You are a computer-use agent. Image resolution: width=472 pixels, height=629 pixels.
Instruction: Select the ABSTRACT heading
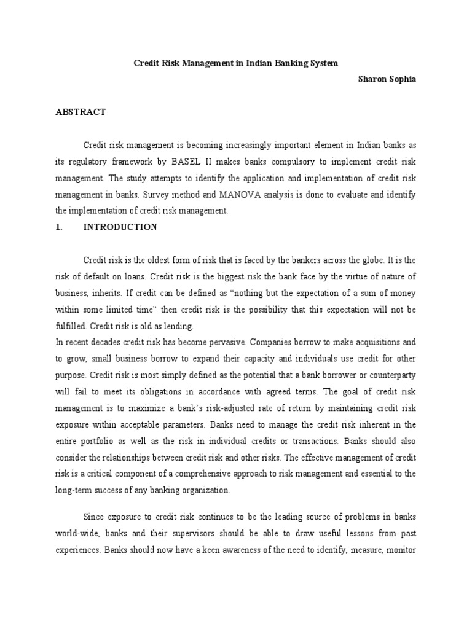coord(81,112)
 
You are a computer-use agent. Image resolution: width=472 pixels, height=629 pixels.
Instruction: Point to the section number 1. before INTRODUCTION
coord(60,227)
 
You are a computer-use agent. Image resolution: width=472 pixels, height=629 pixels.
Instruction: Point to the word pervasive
coord(226,342)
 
